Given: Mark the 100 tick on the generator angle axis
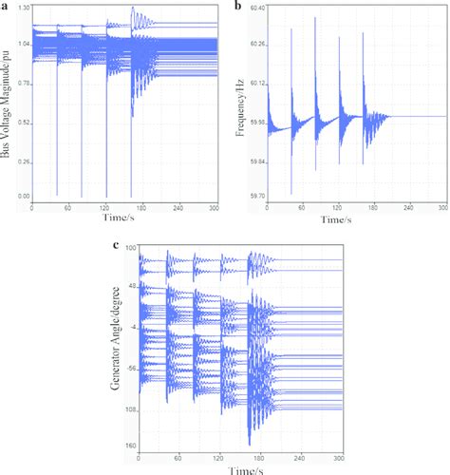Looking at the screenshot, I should click(131, 248).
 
